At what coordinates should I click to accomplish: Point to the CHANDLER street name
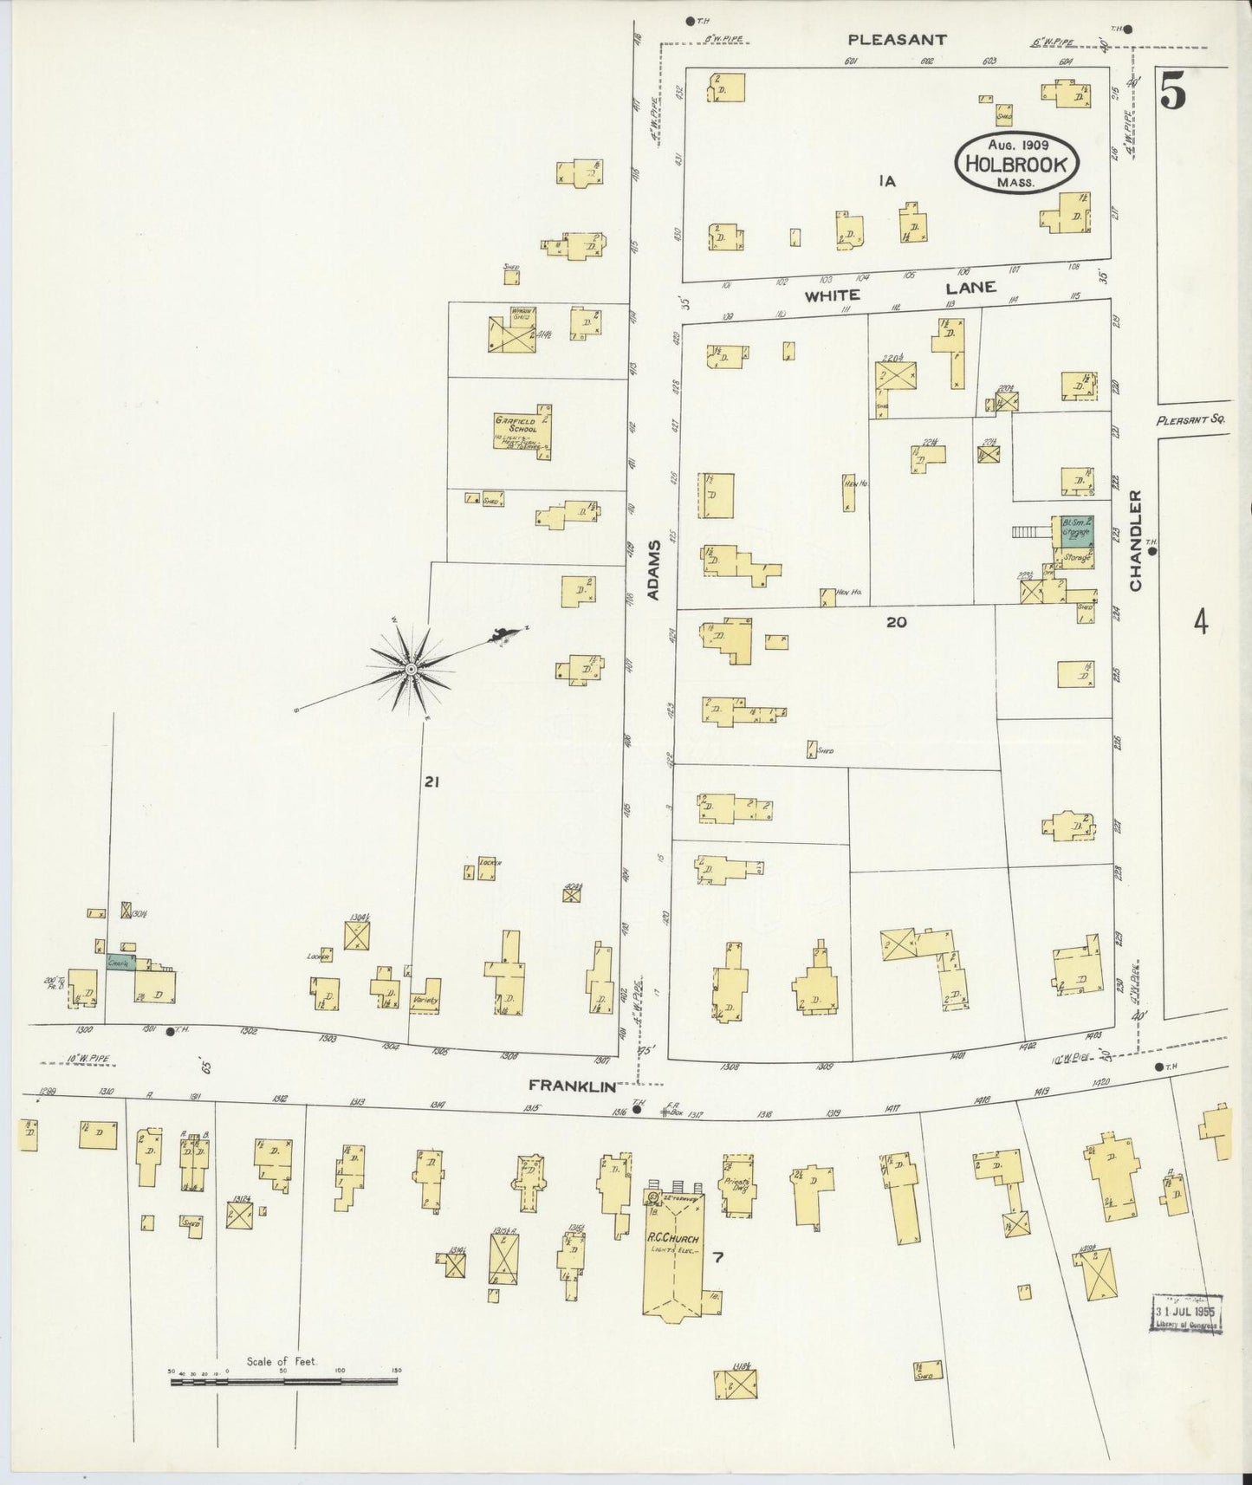(x=1136, y=541)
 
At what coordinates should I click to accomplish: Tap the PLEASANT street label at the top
(x=897, y=39)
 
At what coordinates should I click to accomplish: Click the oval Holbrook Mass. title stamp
(x=1017, y=163)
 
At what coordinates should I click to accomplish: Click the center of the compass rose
(x=411, y=669)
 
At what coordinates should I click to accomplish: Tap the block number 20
(x=896, y=621)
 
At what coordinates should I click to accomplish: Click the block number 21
(x=432, y=782)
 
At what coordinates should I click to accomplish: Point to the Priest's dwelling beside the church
(x=736, y=1184)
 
